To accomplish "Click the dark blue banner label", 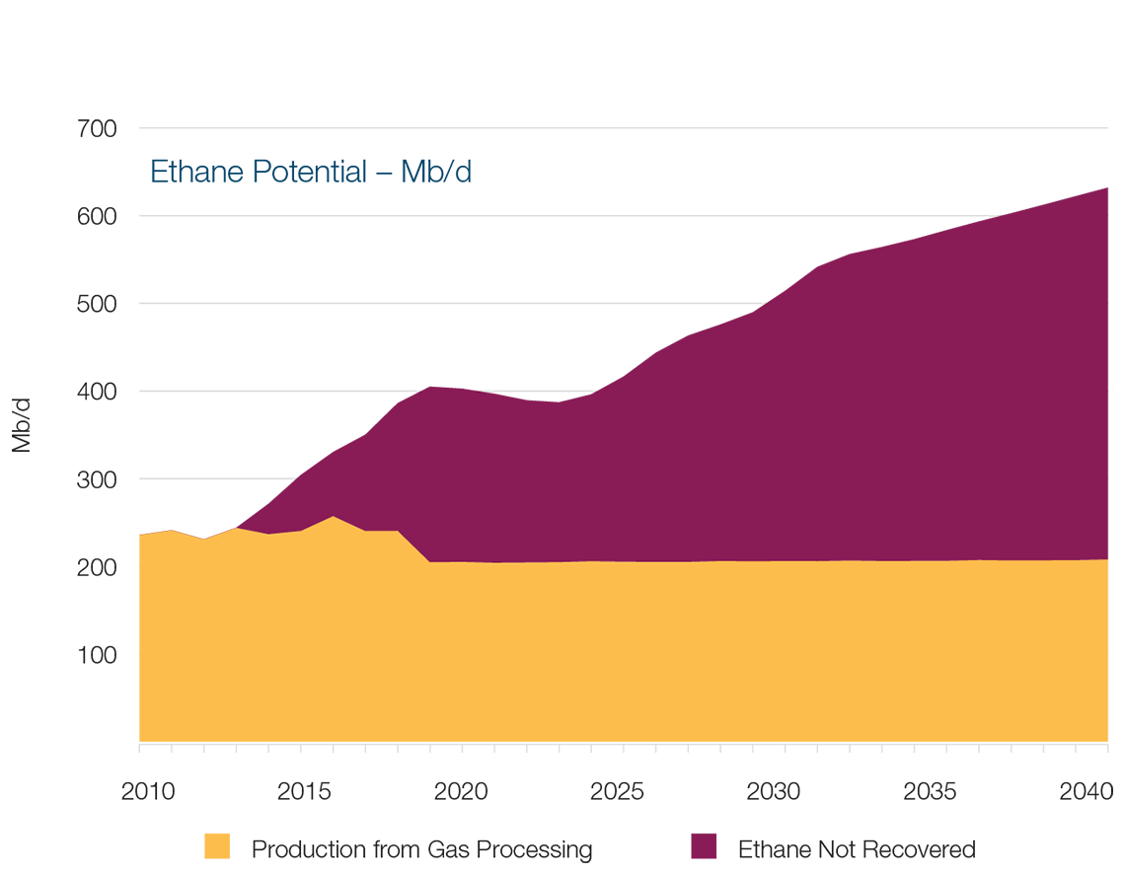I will click(x=314, y=173).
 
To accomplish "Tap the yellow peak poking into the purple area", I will click(x=335, y=518).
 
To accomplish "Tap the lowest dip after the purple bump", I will click(x=548, y=397).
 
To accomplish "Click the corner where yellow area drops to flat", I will click(x=430, y=561).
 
